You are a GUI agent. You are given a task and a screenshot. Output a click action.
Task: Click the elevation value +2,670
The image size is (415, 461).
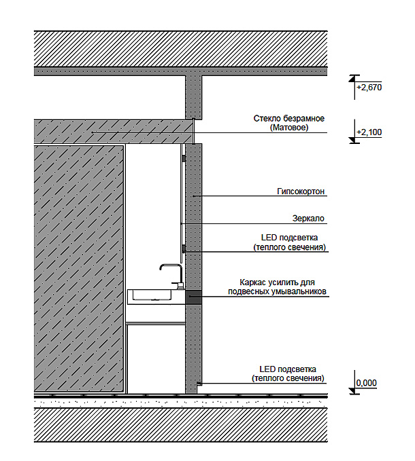369,88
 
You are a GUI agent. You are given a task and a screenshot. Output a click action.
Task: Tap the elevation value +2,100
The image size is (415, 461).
369,132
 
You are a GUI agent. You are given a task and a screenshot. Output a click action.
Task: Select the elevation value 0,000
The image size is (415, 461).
367,383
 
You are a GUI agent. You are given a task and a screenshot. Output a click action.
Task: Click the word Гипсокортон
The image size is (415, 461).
301,191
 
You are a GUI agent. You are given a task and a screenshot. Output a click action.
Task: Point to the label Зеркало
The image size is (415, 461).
308,219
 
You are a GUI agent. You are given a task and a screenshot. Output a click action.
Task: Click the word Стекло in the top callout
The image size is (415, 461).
267,119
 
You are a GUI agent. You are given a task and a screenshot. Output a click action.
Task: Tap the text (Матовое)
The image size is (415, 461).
289,128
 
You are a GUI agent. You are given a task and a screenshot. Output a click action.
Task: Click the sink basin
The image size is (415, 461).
152,295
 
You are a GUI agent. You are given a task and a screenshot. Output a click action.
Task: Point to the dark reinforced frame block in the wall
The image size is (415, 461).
193,297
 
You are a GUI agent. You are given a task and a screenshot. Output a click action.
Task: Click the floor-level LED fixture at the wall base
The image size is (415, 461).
199,384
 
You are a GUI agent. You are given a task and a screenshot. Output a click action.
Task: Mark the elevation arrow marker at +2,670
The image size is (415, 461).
352,79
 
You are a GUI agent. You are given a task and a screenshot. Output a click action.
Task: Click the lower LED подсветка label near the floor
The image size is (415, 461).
288,373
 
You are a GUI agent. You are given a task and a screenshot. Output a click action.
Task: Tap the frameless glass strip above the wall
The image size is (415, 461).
193,131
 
